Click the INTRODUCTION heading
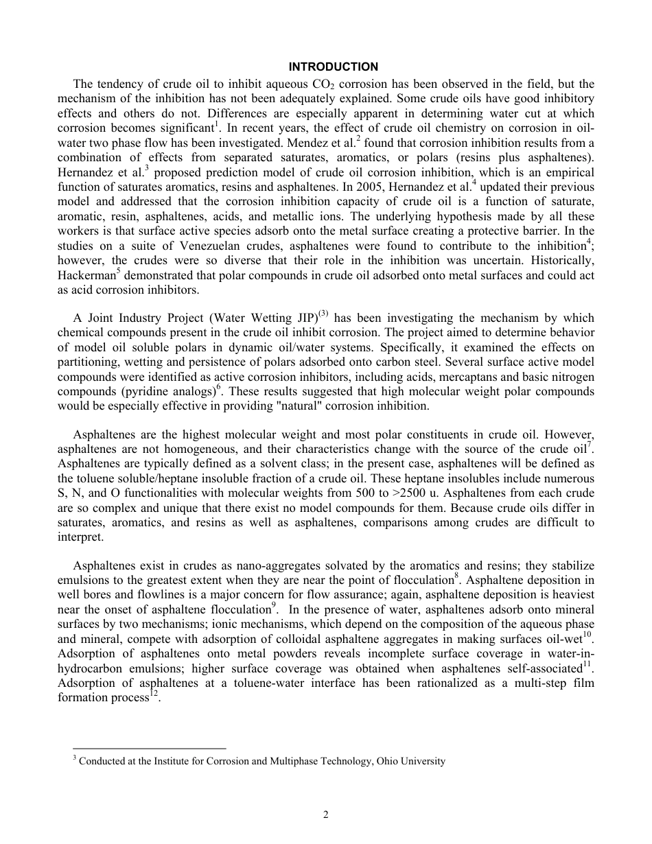coord(333,67)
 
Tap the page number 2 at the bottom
coord(326,814)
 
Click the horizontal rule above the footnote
coord(149,749)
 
